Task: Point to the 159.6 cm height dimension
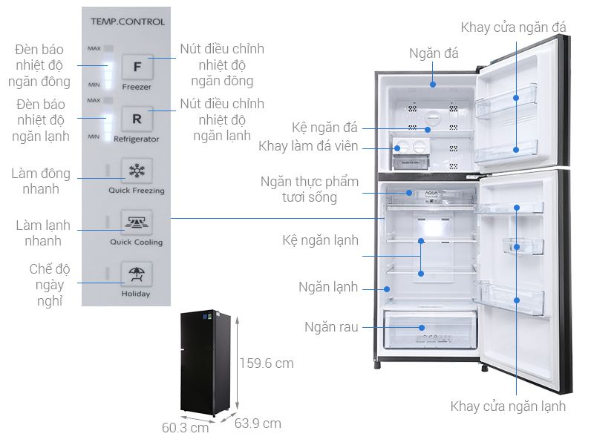[266, 363]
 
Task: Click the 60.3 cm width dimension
[186, 428]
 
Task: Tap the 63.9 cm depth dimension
[258, 423]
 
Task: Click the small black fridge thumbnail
[209, 361]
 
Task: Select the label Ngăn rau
[331, 327]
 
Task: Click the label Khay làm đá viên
[308, 146]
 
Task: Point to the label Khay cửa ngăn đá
[513, 27]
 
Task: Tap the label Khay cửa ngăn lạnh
[508, 406]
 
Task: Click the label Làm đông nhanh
[41, 181]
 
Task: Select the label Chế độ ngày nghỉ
[46, 285]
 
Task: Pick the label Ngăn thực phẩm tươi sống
[310, 189]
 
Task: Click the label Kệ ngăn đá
[325, 128]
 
